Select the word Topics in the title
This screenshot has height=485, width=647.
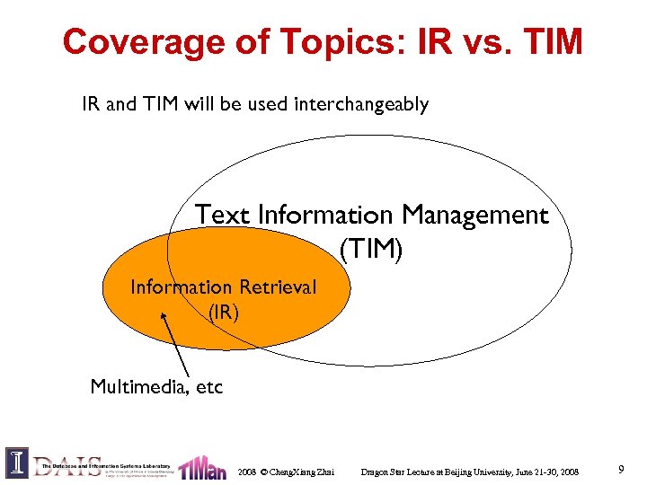[x=315, y=41]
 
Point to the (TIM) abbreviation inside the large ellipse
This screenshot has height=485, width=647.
[x=371, y=249]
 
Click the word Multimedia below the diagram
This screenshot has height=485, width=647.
[x=135, y=387]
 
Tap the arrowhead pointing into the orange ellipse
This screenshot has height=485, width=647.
[x=164, y=315]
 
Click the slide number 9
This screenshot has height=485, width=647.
[x=622, y=468]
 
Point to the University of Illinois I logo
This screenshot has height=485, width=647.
[x=17, y=463]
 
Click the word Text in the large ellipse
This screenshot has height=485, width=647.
[x=223, y=216]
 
